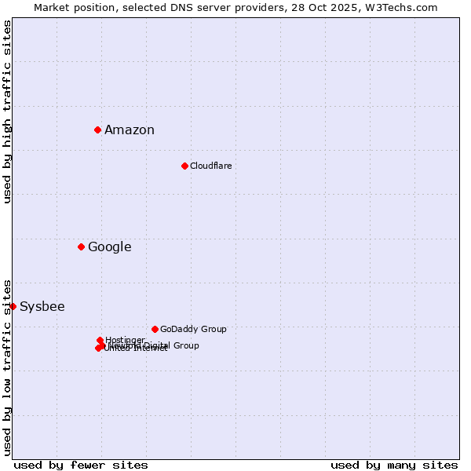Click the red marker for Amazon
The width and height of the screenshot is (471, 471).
click(97, 130)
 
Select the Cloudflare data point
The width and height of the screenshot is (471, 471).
click(184, 166)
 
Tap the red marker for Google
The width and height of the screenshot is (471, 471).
click(81, 246)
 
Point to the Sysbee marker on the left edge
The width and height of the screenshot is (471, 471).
click(13, 306)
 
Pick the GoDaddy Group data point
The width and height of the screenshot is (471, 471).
click(155, 329)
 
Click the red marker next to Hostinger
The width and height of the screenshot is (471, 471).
click(100, 340)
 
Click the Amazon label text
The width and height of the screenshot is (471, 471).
click(130, 130)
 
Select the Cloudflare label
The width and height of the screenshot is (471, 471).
click(210, 166)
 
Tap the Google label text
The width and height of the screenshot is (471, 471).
click(109, 247)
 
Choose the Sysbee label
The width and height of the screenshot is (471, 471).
click(42, 307)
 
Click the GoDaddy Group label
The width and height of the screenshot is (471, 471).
click(193, 329)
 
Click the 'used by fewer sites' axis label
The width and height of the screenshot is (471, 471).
click(81, 465)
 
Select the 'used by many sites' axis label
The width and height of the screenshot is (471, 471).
click(394, 465)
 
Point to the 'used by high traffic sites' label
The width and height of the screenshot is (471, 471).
click(7, 111)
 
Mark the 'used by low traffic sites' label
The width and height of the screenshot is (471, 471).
click(7, 367)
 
